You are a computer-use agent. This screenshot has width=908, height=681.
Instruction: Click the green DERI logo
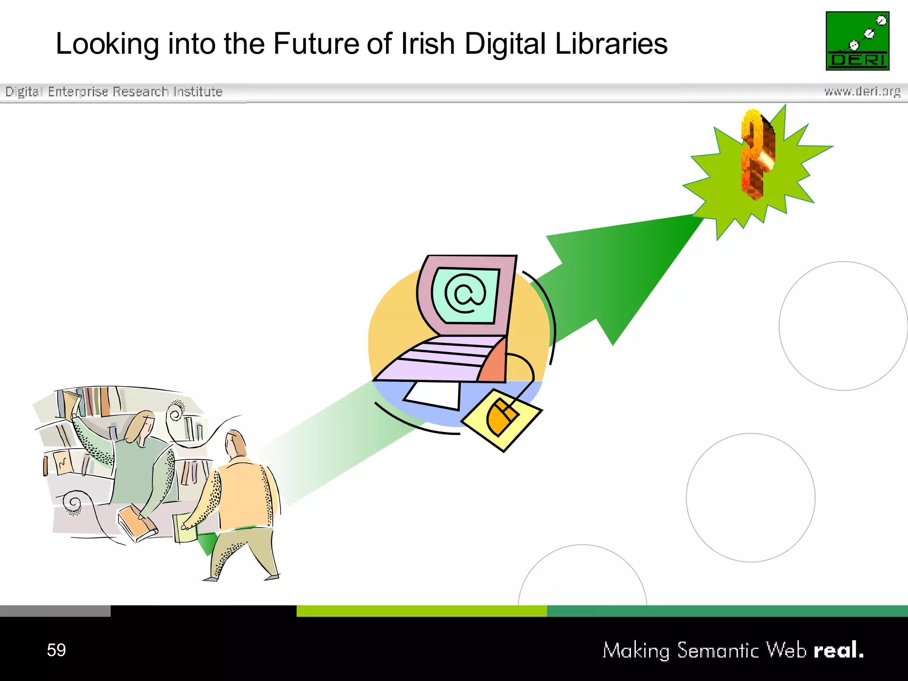click(x=857, y=41)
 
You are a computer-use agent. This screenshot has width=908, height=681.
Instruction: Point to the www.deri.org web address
click(x=862, y=91)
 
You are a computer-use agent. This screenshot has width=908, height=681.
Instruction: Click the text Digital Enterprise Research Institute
click(x=114, y=91)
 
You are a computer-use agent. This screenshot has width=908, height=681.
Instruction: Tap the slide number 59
click(x=56, y=650)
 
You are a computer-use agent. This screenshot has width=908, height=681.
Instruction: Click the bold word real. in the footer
click(x=838, y=650)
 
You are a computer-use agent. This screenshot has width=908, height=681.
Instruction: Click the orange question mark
click(x=758, y=153)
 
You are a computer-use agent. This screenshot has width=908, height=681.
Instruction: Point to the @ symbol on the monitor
click(x=465, y=294)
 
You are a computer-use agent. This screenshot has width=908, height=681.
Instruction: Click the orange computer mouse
click(x=502, y=417)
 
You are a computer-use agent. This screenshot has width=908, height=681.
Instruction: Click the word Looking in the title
click(x=107, y=44)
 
